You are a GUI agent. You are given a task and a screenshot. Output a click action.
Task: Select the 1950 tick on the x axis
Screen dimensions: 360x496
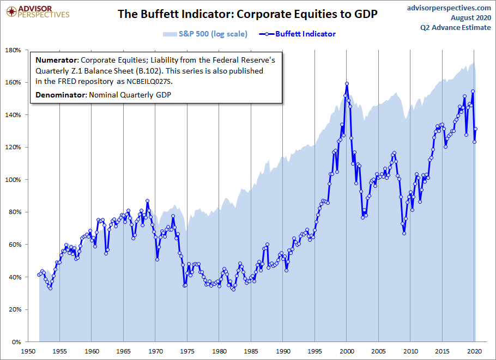28,352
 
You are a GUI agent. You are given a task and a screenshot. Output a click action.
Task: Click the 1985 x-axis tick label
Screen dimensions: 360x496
251,352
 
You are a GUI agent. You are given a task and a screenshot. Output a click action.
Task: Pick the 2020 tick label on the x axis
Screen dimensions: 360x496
474,352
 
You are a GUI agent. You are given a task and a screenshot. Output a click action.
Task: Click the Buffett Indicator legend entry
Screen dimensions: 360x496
305,34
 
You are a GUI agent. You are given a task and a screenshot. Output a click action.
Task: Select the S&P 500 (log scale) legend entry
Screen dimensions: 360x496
213,34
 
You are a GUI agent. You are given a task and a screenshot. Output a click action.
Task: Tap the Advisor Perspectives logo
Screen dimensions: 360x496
37,11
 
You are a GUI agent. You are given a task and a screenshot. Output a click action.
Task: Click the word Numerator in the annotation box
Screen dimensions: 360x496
56,60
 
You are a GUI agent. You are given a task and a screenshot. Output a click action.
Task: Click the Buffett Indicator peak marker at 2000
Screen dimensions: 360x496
347,84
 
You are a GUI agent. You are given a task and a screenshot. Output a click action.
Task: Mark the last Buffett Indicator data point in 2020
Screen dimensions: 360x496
476,129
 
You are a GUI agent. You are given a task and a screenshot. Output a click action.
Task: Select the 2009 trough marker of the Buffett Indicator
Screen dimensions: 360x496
404,233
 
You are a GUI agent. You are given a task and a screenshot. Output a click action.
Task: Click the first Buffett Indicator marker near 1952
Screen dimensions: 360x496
39,274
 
